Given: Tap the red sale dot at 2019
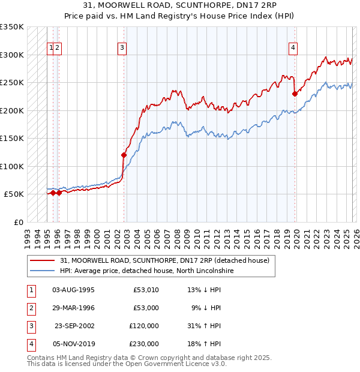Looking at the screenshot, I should pos(295,94).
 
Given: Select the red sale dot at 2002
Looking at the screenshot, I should pos(124,155).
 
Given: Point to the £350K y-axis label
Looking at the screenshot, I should pos(12,27).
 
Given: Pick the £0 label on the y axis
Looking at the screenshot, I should pos(18,222).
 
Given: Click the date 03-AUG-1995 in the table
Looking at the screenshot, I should pos(73,290).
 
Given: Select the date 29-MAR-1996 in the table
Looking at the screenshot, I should pos(73,308).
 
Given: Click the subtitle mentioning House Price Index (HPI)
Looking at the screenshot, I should pos(180,17).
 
